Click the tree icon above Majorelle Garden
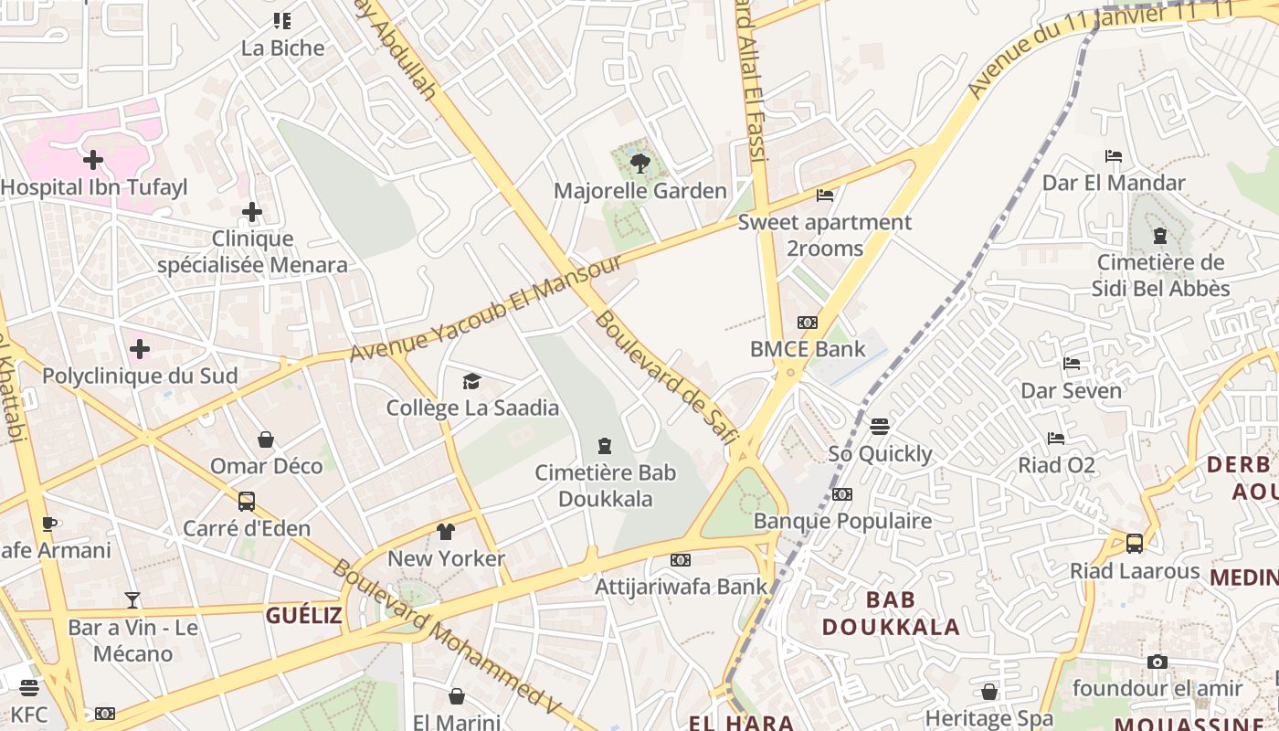point(639,164)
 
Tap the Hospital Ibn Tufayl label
point(94,187)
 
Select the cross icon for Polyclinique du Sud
point(140,349)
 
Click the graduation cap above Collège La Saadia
point(471,381)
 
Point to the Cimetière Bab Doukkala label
point(605,485)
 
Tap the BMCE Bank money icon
point(807,323)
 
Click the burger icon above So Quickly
point(880,427)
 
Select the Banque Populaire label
point(842,521)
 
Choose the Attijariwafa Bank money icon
point(681,560)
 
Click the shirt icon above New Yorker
point(446,532)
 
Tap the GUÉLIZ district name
point(304,616)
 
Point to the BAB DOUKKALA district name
point(891,613)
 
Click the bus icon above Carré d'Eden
point(247,502)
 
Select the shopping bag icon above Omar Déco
point(266,440)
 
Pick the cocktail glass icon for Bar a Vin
point(132,600)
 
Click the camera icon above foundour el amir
point(1157,662)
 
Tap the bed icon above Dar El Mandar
point(1114,156)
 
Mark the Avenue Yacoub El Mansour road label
point(486,307)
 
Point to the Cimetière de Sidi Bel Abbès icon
point(1160,236)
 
